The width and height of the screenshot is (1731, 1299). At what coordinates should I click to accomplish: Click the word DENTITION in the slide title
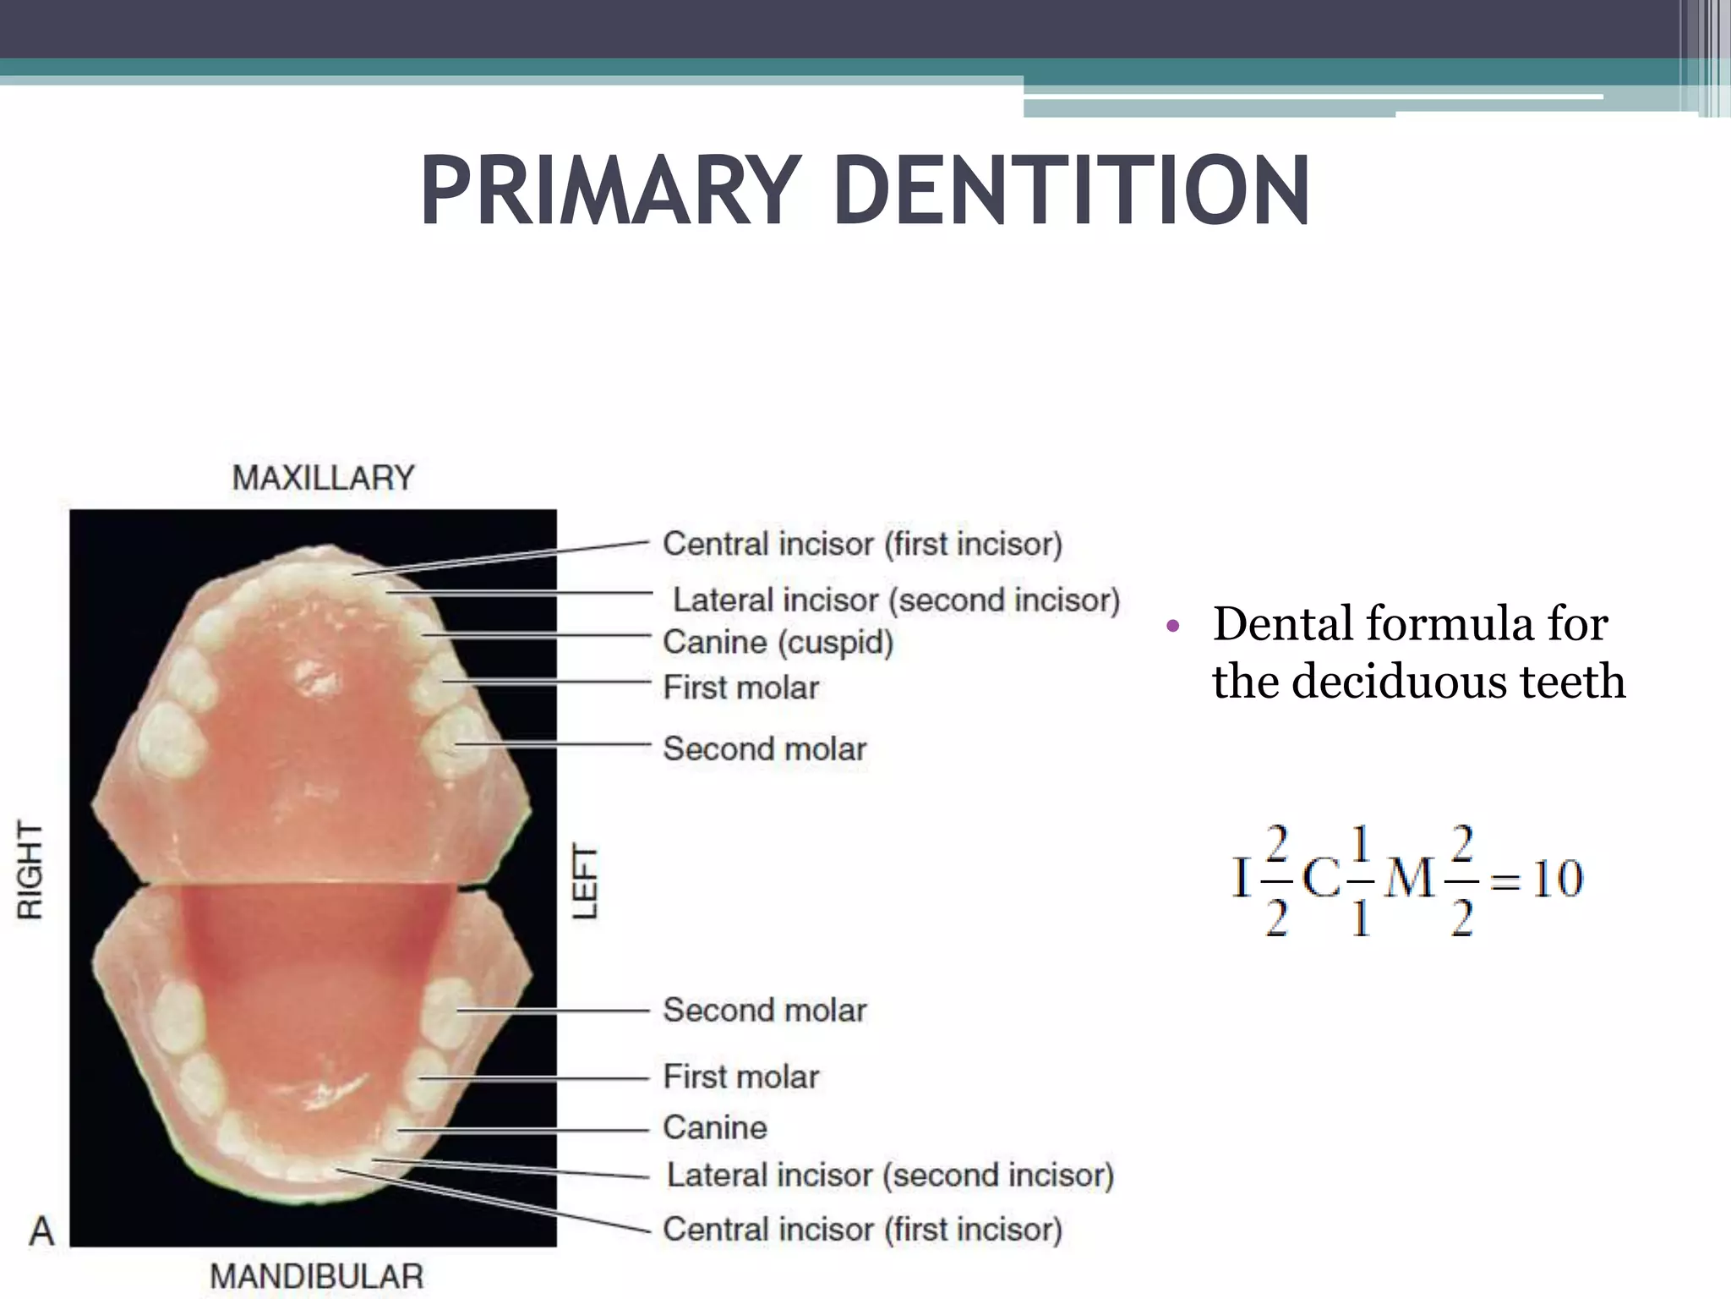pos(1072,191)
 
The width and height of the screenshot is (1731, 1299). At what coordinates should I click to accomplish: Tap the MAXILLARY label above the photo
pos(324,479)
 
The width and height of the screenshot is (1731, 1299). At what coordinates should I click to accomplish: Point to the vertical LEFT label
pos(586,881)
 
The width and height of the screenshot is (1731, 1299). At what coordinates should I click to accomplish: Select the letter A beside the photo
pos(41,1231)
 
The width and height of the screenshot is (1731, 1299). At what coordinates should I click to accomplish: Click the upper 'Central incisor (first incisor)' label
pos(862,544)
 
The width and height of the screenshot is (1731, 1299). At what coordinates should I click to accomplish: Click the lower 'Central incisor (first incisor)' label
pos(862,1230)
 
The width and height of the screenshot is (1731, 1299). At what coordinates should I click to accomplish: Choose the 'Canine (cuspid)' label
pos(778,643)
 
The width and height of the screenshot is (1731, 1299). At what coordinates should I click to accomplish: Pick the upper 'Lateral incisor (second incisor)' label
pos(896,600)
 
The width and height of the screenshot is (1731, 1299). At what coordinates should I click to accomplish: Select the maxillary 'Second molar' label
pos(765,749)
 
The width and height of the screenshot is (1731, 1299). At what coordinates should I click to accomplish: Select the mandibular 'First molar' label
pos(741,1077)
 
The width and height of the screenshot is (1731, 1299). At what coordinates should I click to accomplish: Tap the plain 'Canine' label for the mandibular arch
pos(715,1128)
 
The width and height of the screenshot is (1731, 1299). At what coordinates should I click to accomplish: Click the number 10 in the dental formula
pos(1557,879)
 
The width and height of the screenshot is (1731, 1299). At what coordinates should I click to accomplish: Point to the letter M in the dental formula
pos(1410,879)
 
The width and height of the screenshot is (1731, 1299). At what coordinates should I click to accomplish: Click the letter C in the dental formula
pos(1322,879)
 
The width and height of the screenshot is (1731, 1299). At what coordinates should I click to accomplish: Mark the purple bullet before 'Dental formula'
pos(1171,628)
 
